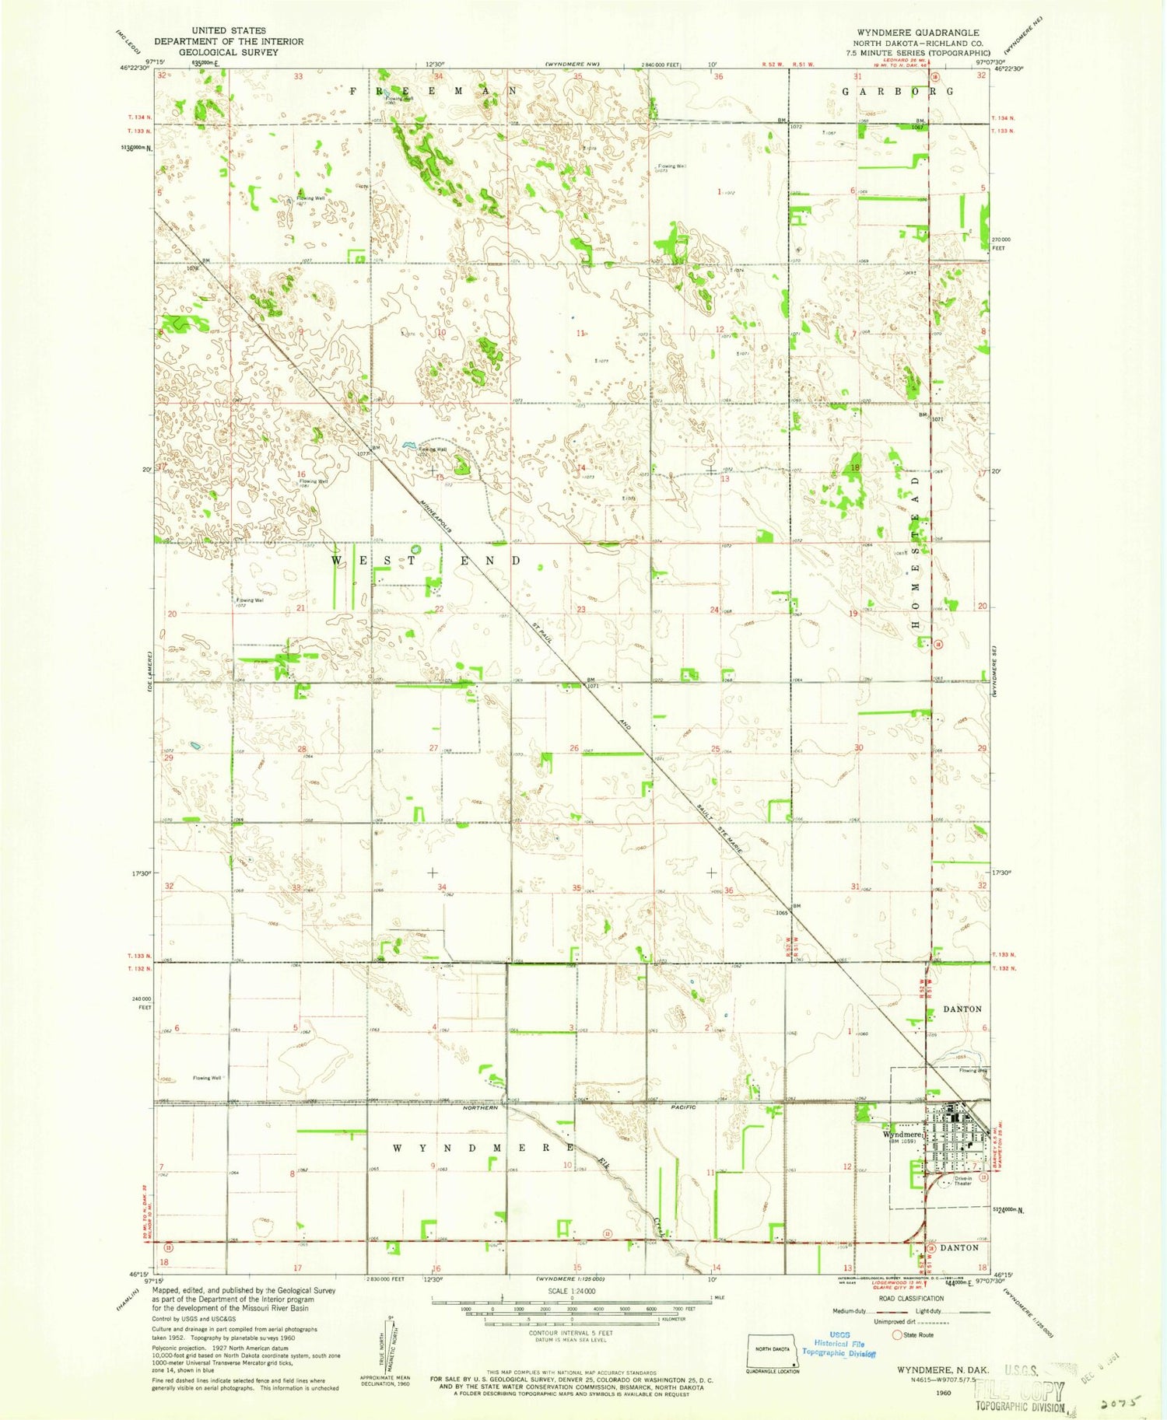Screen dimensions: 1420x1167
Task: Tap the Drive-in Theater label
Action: (963, 1180)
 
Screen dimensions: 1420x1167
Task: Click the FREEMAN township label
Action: (433, 91)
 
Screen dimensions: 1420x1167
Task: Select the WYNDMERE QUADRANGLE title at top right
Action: (918, 33)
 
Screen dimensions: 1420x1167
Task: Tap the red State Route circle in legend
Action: (899, 1334)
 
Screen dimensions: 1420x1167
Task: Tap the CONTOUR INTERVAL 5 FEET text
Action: (572, 1333)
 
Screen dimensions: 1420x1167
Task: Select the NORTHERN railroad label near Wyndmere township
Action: (480, 1107)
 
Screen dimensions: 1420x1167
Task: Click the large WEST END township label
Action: (426, 561)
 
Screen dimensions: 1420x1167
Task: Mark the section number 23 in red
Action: (581, 610)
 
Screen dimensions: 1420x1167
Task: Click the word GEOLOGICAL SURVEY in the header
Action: (229, 52)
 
